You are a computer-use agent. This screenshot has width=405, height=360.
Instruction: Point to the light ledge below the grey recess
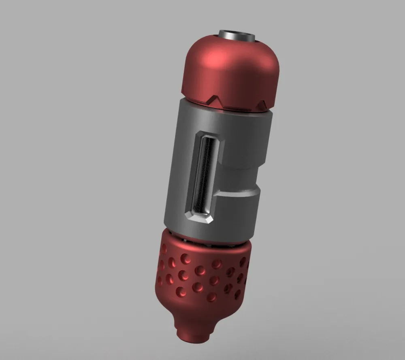click(x=239, y=194)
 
